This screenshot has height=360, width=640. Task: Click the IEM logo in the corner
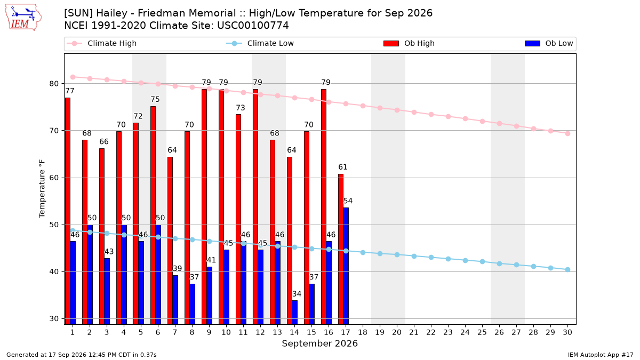23,17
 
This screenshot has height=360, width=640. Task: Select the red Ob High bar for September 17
341,249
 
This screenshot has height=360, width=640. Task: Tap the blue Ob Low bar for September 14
294,313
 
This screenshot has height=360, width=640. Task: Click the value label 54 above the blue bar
348,201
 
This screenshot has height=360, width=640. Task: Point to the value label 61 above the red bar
342,167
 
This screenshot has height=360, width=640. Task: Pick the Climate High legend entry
101,43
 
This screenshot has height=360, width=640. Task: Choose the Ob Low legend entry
549,43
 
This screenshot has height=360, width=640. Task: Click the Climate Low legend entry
260,43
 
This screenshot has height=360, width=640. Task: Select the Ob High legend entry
409,43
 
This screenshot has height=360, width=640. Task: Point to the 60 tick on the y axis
54,178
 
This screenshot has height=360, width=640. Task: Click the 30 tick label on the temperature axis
54,318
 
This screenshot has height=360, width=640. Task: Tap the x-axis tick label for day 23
448,332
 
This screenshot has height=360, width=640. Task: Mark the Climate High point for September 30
567,133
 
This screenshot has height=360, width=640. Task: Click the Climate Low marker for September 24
465,261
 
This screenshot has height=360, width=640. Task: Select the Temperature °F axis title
42,189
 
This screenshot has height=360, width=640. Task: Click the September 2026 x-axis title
319,343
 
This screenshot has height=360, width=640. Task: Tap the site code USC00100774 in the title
253,26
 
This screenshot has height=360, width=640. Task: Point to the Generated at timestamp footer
82,355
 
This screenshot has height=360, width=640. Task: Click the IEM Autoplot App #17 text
601,355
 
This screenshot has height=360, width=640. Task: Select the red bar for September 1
68,211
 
